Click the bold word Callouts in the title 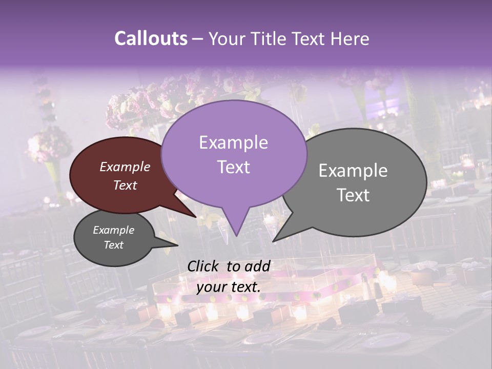coord(151,38)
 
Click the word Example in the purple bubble coord(233,142)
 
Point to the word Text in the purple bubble coord(233,167)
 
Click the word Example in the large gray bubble coord(353,171)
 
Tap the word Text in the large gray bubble coord(353,195)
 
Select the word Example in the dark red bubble coord(125,167)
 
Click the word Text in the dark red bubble coord(125,185)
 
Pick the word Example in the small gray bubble coord(114,230)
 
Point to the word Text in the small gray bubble coord(114,245)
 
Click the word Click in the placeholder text coord(204,266)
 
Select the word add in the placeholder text coord(258,266)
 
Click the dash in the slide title coord(198,38)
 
